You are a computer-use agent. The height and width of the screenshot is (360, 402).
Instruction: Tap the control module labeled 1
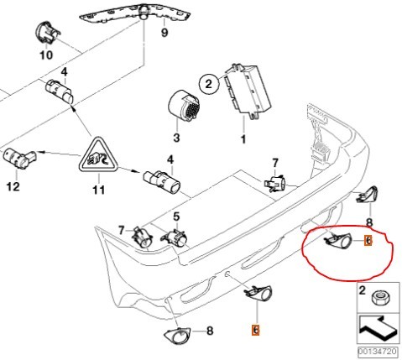(247, 88)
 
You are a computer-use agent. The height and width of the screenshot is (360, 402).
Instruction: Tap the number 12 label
(12, 187)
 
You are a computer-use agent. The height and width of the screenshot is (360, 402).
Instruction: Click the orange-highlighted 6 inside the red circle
(367, 241)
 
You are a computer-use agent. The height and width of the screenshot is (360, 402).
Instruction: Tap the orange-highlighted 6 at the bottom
(255, 330)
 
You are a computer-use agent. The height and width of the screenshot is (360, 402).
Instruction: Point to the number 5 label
(176, 216)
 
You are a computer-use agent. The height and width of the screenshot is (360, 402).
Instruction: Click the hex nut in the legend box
(379, 298)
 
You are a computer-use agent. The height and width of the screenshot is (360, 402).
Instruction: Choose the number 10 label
(45, 57)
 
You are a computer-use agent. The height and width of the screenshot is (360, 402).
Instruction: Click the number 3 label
(176, 137)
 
